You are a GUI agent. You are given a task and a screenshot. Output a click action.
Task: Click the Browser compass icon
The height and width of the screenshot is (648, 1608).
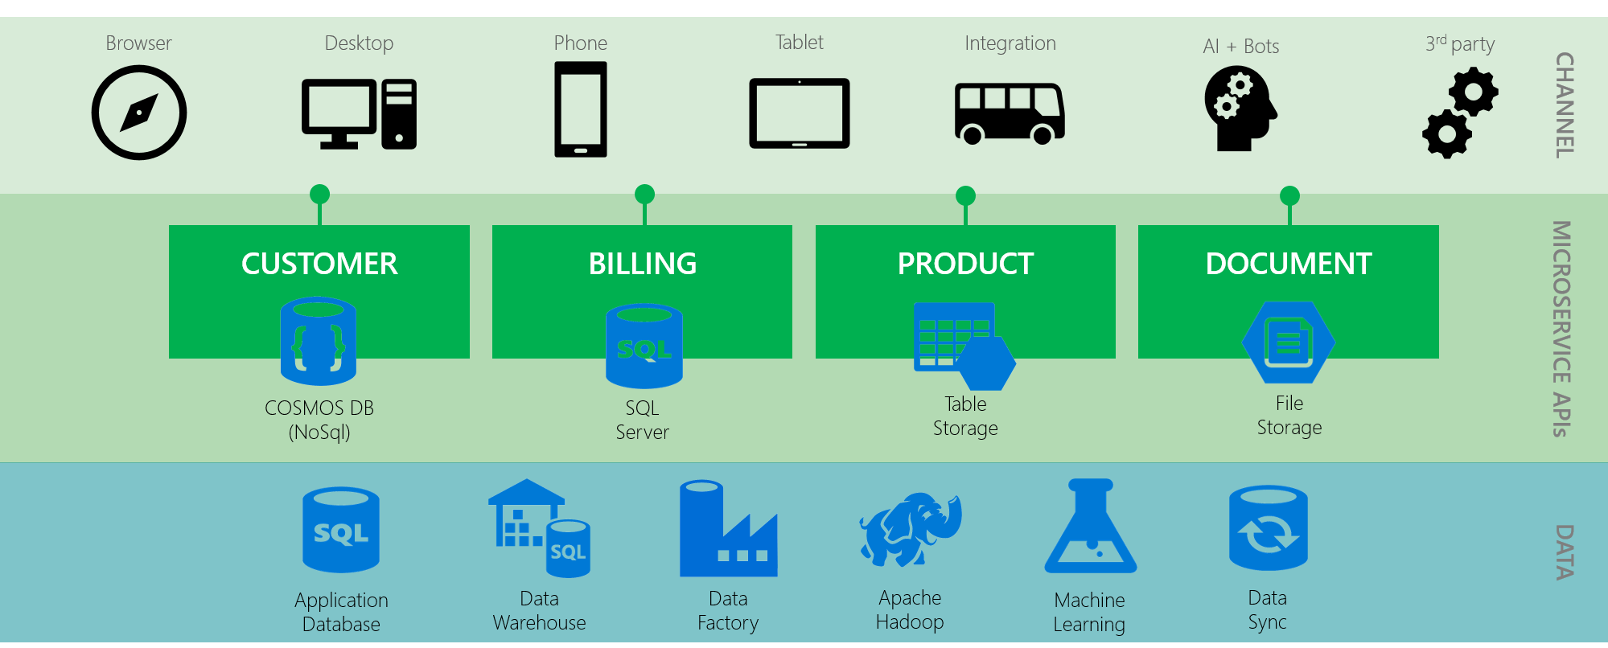coord(139,113)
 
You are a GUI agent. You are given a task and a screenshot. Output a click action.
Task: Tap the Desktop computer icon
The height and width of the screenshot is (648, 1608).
coord(359,113)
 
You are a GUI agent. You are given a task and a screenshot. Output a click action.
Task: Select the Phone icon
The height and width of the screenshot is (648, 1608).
coord(580,109)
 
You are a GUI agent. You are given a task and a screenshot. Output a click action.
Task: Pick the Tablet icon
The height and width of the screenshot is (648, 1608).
coord(799,113)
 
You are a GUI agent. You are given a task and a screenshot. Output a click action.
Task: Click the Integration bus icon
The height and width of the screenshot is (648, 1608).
coord(1010,113)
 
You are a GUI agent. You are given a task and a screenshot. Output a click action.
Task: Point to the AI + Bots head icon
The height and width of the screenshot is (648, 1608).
coord(1240,109)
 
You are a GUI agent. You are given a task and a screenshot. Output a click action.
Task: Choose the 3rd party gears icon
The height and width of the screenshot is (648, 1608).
coord(1460,113)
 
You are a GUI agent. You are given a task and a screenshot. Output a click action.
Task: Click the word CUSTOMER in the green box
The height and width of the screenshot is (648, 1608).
coord(319,264)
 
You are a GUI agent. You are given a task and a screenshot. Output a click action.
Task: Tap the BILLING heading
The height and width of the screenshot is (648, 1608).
coord(642,264)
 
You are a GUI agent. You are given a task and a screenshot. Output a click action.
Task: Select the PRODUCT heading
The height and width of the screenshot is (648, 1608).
coord(965,264)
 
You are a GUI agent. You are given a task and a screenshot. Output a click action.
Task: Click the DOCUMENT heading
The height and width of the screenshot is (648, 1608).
coord(1288,264)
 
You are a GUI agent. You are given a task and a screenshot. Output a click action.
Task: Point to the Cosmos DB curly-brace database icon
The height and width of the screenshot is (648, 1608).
coord(319,342)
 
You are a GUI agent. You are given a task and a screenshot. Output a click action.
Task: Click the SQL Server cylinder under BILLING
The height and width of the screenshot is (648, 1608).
coord(644,347)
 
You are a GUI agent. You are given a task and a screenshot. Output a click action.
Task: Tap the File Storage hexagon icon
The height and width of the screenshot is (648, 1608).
coord(1288,342)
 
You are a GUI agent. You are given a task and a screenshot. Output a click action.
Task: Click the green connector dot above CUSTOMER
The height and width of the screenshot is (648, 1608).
coord(319,195)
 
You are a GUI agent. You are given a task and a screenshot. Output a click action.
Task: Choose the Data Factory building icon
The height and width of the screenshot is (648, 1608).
coord(728,530)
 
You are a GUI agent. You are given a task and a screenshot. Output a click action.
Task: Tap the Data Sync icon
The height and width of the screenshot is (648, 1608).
coord(1268,528)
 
